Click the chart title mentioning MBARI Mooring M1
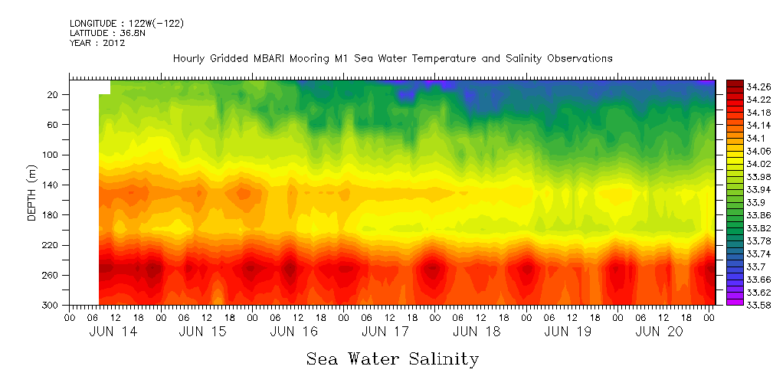coord(392,58)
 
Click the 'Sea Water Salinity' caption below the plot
coord(392,358)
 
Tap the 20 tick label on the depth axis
coord(54,94)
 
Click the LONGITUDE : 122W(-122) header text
coord(126,24)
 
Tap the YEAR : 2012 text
coord(97,43)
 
